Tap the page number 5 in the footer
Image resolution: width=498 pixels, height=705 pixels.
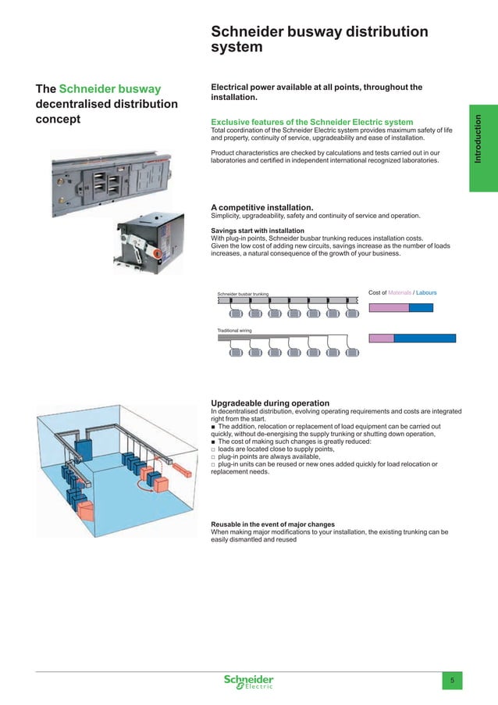point(453,681)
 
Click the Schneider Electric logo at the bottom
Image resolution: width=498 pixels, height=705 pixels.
point(249,682)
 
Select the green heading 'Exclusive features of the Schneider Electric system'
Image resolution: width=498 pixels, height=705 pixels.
point(312,122)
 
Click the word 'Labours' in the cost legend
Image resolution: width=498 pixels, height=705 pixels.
point(426,293)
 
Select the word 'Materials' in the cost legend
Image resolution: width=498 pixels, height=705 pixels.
point(399,293)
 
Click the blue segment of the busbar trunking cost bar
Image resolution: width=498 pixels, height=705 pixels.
point(421,308)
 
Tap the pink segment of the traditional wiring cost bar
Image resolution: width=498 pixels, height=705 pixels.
point(380,338)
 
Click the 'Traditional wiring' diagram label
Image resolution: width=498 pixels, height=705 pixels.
point(234,331)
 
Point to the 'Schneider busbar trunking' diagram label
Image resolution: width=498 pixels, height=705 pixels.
point(243,294)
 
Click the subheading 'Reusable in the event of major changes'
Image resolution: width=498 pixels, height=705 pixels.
point(273,524)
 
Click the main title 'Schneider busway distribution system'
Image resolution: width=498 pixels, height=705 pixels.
point(319,39)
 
